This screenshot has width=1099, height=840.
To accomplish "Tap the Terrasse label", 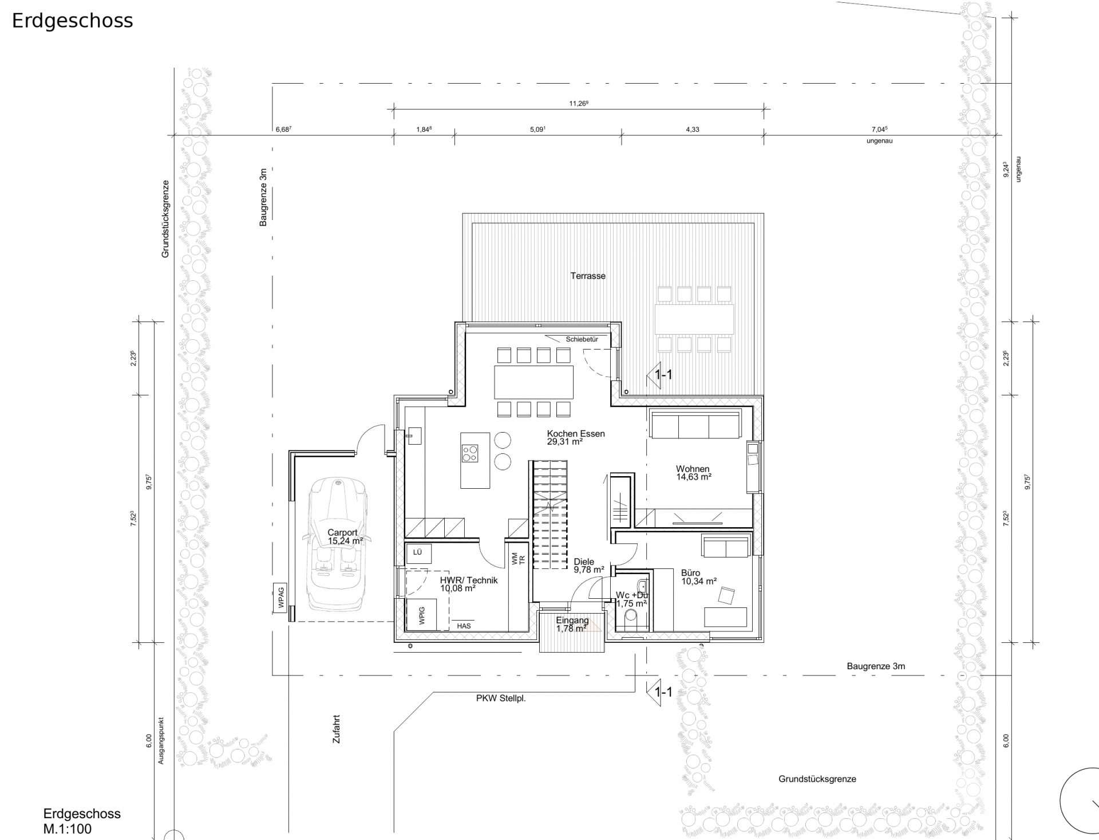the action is (588, 276).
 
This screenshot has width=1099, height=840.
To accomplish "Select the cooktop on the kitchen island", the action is (470, 453).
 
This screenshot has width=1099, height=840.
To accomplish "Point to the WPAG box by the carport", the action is (280, 597).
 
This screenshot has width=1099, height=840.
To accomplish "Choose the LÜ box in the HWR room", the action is (418, 553).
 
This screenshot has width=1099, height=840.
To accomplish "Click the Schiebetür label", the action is (582, 339).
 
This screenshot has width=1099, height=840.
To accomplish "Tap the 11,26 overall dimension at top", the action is (579, 104).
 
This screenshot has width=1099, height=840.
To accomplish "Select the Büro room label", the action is (690, 572).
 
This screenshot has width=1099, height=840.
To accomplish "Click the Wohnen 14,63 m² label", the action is (693, 473).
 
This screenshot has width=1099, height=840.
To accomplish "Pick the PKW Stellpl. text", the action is (501, 698).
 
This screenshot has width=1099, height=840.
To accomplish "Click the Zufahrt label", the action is (337, 729).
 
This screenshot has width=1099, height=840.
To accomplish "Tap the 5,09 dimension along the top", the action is (537, 129).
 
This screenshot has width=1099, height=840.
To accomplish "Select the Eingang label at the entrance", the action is (572, 621).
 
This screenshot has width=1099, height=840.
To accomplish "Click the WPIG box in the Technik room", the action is (422, 615).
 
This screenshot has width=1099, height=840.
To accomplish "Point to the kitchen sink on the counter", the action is (414, 436).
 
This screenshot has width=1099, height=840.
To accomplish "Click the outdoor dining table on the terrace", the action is (694, 319).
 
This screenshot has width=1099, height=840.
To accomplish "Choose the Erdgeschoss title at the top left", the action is (73, 21).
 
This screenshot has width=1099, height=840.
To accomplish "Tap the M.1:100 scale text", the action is (68, 829).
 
